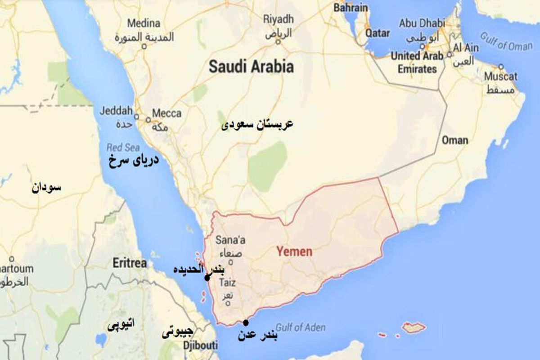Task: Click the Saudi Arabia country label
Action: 251,67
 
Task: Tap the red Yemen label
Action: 293,251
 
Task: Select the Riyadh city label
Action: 278,19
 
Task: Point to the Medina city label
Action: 144,23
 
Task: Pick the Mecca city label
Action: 166,113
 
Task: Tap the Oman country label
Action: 454,140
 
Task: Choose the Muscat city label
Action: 500,76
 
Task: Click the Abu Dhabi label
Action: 422,23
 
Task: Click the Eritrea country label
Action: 130,263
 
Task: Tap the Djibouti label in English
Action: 200,346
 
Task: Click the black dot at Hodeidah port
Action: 207,278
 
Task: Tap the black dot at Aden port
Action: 245,322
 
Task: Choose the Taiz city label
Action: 227,283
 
